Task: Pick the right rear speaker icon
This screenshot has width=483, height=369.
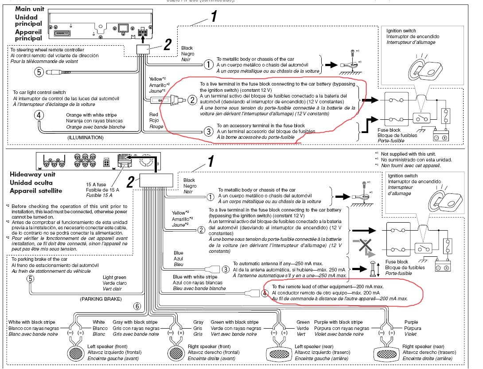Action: pos(386,354)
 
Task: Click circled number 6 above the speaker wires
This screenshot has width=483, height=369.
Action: pos(137,306)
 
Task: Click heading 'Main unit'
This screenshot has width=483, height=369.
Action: pos(29,9)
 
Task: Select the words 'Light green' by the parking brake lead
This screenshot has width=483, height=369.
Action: pos(114,278)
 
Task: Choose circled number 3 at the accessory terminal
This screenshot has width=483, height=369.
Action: pos(208,131)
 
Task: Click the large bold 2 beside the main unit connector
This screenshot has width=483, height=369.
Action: pos(167,45)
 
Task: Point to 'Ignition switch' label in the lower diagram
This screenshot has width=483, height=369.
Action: pos(403,176)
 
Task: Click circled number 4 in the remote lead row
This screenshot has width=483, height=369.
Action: pos(265,293)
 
